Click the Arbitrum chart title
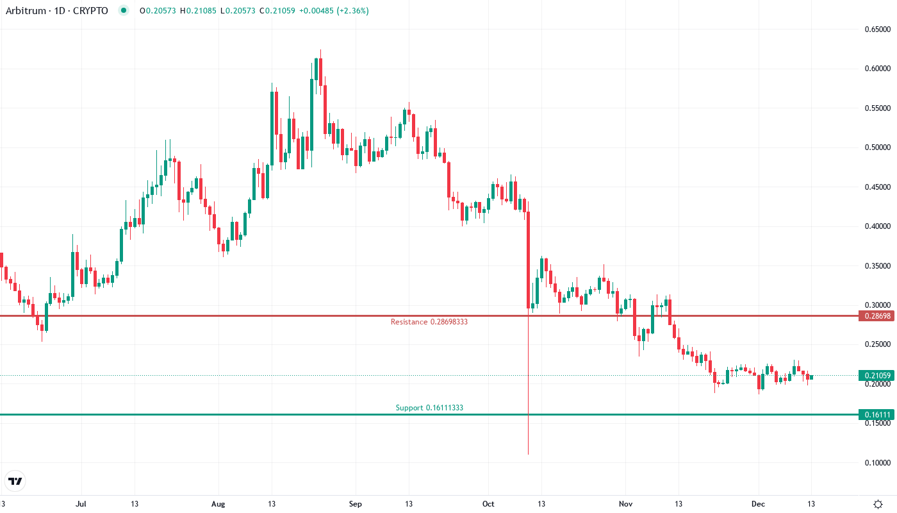56,11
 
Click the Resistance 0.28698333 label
429,321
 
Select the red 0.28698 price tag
876,316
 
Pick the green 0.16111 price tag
876,415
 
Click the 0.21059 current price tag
876,376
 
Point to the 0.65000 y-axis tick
878,29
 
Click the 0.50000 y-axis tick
878,147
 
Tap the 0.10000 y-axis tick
878,462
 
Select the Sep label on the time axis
356,503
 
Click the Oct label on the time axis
489,503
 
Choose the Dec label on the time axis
759,503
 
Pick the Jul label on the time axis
81,503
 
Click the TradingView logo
15,481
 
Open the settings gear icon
878,503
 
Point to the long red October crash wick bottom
528,453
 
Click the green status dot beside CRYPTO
124,11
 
